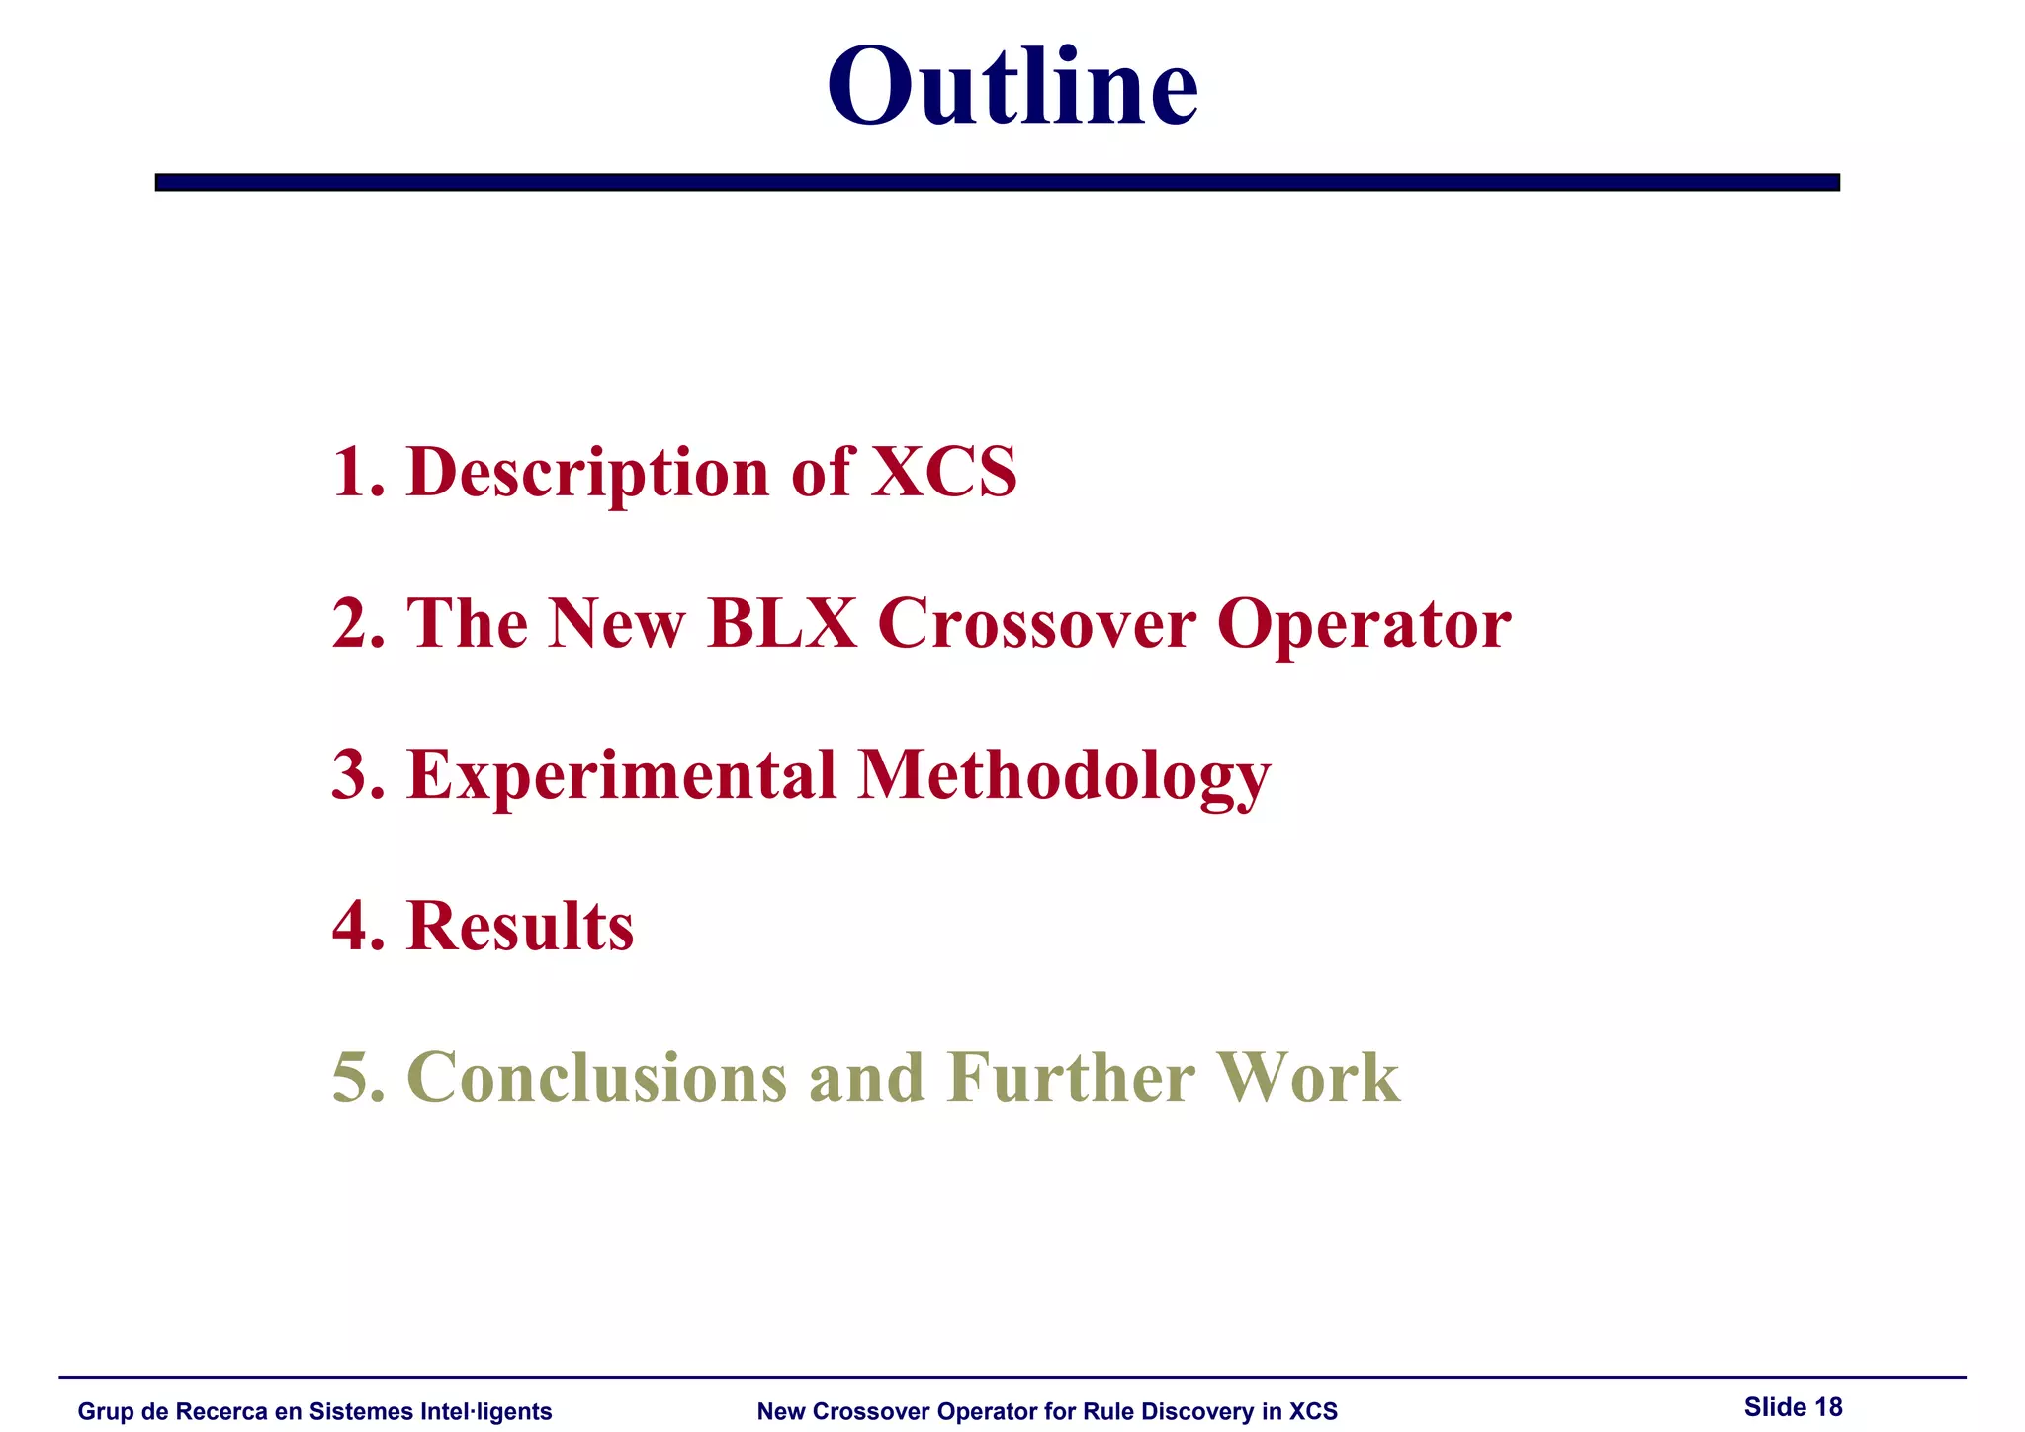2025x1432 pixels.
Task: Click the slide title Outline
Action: [1012, 86]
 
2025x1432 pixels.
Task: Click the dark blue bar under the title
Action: [997, 182]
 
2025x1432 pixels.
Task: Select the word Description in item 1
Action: [587, 472]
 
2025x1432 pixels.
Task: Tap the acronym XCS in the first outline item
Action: [943, 472]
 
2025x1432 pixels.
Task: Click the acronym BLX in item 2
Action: [782, 623]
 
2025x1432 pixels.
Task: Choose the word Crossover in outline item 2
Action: [1036, 623]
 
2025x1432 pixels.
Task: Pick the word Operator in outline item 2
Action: [1364, 625]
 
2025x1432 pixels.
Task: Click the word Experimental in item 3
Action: [622, 775]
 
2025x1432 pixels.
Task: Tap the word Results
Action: [520, 927]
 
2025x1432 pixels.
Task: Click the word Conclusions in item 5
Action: [596, 1077]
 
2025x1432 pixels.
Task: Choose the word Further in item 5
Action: [1071, 1077]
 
